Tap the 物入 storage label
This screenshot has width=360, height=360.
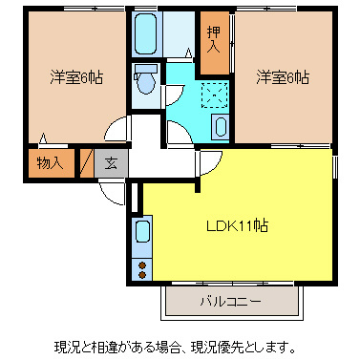click(50, 162)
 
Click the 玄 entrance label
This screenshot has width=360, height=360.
click(111, 162)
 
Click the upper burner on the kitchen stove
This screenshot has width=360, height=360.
click(143, 263)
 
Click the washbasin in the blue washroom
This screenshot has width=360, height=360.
click(220, 127)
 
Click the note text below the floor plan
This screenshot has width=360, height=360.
click(180, 345)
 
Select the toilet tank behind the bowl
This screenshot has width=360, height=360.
click(145, 71)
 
